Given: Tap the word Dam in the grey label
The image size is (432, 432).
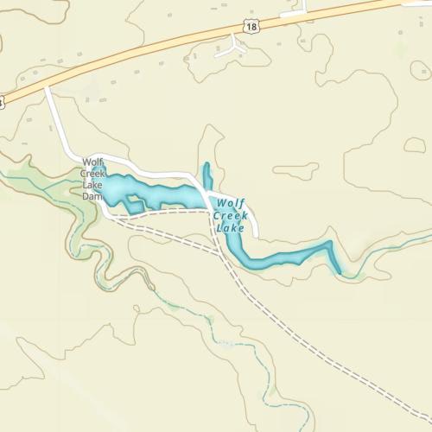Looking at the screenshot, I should pos(92,196).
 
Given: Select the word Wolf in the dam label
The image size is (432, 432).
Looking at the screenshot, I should pos(92,162).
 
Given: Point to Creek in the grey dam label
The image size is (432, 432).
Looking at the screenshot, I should pos(93,173).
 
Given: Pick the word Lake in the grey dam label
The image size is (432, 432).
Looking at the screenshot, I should pos(92,184).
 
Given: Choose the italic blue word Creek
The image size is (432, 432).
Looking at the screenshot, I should pos(232,216).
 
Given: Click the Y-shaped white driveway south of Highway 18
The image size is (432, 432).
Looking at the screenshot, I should pos(232,48).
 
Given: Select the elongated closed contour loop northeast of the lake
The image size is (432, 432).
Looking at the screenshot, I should pos(295,171).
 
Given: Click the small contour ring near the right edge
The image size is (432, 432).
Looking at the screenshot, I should pos(415,145).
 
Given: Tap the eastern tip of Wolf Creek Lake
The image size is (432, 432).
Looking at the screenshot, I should pos(336,270).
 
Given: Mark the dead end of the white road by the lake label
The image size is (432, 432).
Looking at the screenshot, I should pos(257,234).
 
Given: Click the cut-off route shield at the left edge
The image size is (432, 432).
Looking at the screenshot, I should pos(3,102).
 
